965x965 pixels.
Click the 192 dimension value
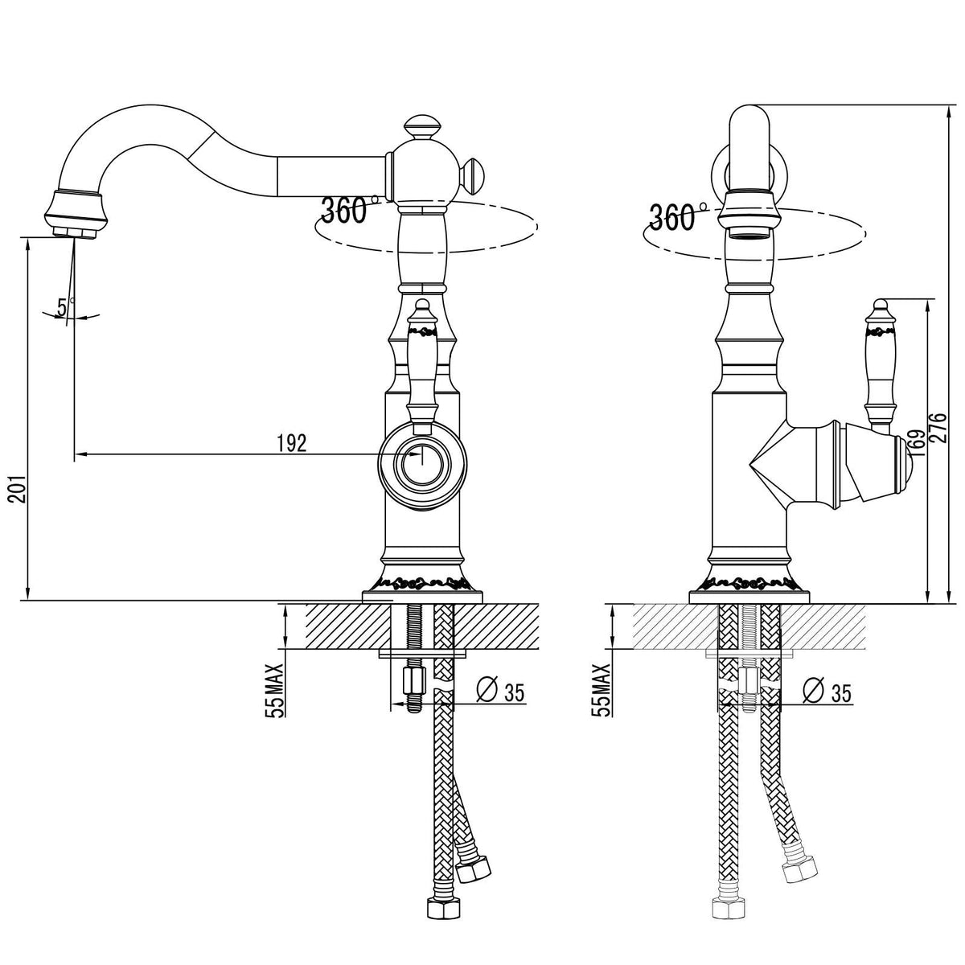click(x=292, y=442)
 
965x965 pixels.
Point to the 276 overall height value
click(x=939, y=427)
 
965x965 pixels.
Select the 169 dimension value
click(x=918, y=442)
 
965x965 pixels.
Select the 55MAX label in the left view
click(x=276, y=691)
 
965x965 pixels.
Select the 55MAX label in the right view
click(x=603, y=691)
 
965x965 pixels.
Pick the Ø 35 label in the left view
click(x=501, y=692)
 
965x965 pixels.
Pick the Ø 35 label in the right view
click(x=827, y=692)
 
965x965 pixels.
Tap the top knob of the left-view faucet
click(x=422, y=127)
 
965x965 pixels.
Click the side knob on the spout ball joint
click(x=471, y=177)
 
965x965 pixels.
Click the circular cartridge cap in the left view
click(x=422, y=465)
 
